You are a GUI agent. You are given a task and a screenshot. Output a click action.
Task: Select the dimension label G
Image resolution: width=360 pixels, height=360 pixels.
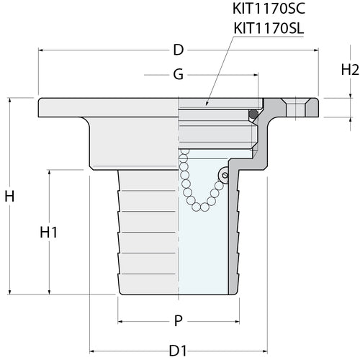pyautogui.click(x=178, y=74)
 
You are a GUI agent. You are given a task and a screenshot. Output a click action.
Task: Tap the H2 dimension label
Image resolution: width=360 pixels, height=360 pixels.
pyautogui.click(x=350, y=70)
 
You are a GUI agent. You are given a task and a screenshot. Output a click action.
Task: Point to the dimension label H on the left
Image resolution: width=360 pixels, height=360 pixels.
pyautogui.click(x=9, y=196)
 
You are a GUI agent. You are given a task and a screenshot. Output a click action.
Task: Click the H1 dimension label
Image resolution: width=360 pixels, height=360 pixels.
pyautogui.click(x=49, y=232)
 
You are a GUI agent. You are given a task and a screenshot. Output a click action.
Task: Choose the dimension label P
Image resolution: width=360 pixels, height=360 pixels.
pyautogui.click(x=178, y=321)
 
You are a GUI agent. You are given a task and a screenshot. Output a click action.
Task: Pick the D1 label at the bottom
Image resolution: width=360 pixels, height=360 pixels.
pyautogui.click(x=178, y=351)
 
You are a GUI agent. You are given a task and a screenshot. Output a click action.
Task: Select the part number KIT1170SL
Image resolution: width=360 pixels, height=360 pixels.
pyautogui.click(x=269, y=28)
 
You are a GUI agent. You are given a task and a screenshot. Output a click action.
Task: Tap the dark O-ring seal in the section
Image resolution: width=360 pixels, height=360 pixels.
pyautogui.click(x=253, y=114)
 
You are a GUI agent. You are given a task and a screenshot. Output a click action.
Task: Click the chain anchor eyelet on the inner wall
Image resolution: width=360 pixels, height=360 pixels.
pyautogui.click(x=225, y=174)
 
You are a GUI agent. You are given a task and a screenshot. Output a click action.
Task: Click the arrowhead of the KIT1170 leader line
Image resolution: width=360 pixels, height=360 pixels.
pyautogui.click(x=207, y=106)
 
